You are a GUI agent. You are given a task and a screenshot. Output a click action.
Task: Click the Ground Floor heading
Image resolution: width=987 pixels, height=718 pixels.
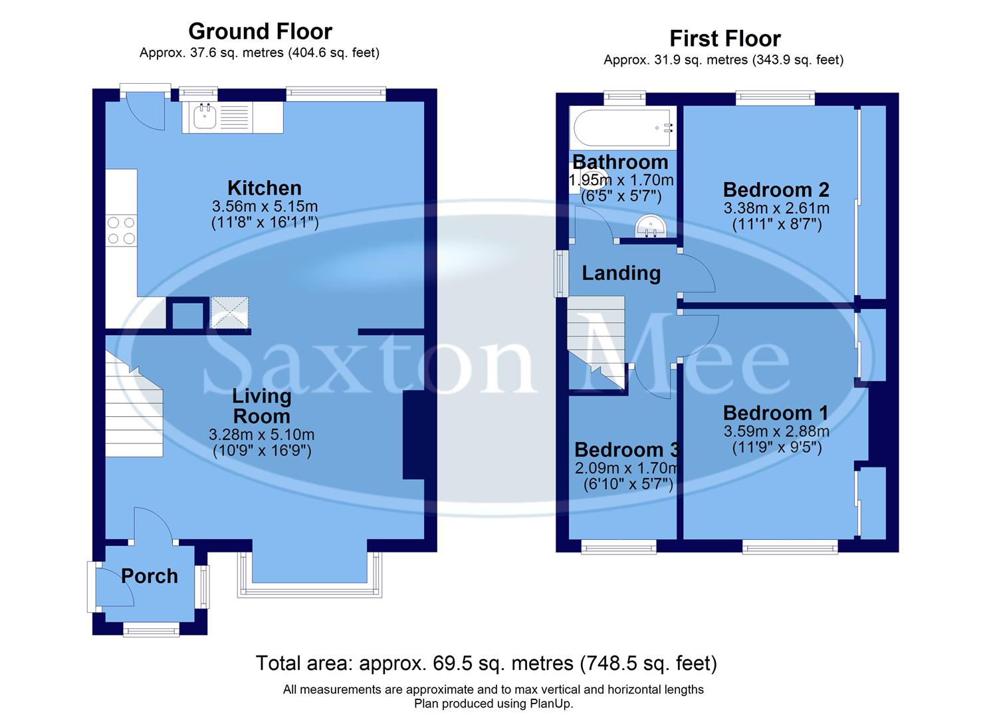(260, 31)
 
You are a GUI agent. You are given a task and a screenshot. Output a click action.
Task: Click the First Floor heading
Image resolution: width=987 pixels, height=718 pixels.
(724, 39)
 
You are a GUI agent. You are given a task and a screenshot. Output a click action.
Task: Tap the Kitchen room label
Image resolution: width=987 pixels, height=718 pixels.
(264, 187)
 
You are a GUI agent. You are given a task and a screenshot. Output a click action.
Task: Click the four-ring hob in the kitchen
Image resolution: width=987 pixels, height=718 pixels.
(121, 230)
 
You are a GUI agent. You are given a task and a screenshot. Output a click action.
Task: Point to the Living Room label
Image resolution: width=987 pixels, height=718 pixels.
(261, 406)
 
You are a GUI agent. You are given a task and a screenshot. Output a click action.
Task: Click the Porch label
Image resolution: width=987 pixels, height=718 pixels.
(150, 576)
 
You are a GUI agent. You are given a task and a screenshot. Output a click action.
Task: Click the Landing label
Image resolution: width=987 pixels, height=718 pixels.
(621, 273)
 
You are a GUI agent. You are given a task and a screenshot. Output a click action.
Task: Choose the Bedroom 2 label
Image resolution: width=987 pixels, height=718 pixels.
(776, 189)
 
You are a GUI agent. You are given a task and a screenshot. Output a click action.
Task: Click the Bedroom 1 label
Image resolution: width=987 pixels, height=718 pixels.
(776, 413)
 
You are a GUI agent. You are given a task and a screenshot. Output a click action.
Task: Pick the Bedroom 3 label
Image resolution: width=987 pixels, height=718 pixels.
(626, 449)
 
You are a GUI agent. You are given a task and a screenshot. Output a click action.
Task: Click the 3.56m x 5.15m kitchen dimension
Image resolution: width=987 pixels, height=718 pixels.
(265, 205)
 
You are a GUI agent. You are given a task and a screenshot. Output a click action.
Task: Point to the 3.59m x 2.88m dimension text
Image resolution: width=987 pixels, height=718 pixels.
(776, 431)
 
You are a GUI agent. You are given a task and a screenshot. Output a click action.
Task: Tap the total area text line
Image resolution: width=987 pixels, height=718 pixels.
(486, 663)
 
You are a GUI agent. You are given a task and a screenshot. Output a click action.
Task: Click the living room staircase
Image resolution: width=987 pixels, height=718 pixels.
(134, 412)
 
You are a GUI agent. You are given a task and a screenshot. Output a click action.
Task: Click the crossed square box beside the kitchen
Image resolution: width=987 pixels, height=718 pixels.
(229, 312)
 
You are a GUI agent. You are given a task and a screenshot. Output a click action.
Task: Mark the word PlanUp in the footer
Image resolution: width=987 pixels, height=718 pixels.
(550, 703)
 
